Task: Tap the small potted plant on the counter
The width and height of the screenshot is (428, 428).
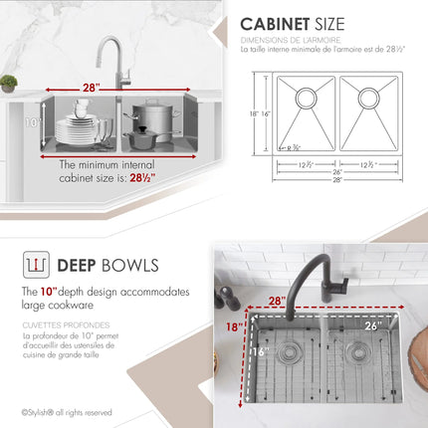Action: coord(8,84)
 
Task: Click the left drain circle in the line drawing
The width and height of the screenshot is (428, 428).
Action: coord(306,98)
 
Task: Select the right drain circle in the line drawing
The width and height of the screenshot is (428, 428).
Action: coord(369,98)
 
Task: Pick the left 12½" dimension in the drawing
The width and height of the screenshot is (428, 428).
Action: coord(306,163)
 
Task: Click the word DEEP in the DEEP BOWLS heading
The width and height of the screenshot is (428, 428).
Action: coord(77,265)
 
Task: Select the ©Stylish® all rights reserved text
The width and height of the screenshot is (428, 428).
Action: coord(67,412)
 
